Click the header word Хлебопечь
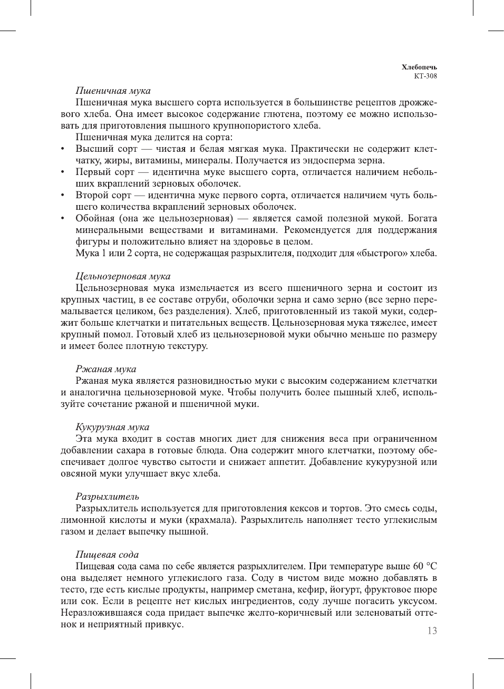pyautogui.click(x=419, y=67)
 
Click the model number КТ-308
pyautogui.click(x=425, y=76)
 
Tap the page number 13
pyautogui.click(x=432, y=631)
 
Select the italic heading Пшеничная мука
pyautogui.click(x=113, y=91)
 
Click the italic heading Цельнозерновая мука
pyautogui.click(x=123, y=276)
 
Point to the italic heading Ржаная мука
pyautogui.click(x=105, y=369)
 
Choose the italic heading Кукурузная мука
pyautogui.click(x=112, y=427)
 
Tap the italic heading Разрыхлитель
pyautogui.click(x=108, y=497)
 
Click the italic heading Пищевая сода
pyautogui.click(x=107, y=555)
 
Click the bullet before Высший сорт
pyautogui.click(x=63, y=149)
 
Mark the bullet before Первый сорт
pyautogui.click(x=63, y=172)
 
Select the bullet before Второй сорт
pyautogui.click(x=63, y=196)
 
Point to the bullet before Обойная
pyautogui.click(x=63, y=219)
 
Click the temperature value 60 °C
pyautogui.click(x=425, y=566)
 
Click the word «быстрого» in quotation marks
pyautogui.click(x=382, y=254)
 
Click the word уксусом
pyautogui.click(x=419, y=601)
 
